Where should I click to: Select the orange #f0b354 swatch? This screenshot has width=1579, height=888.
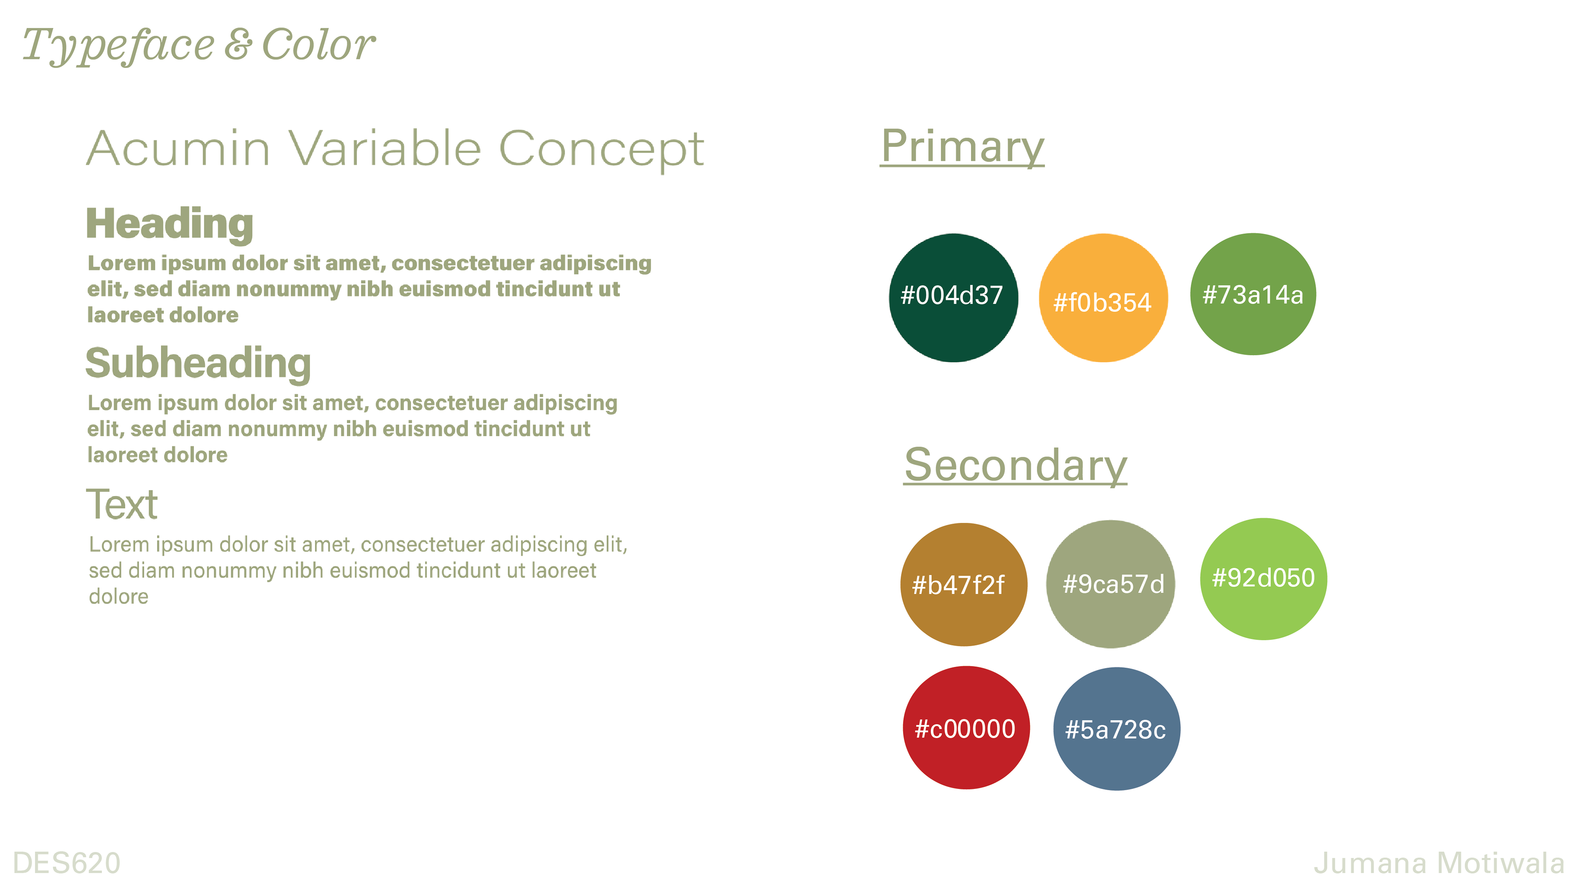click(x=1103, y=297)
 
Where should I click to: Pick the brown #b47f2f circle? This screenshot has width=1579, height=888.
click(x=963, y=584)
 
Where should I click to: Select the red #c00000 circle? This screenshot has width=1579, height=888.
click(x=966, y=727)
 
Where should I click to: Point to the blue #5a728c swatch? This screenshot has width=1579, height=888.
click(x=1116, y=728)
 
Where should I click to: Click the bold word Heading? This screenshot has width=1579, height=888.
click(x=170, y=224)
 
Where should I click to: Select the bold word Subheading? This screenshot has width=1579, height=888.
click(x=198, y=363)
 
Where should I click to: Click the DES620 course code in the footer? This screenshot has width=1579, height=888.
click(x=67, y=863)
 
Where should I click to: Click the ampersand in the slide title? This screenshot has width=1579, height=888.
click(x=238, y=45)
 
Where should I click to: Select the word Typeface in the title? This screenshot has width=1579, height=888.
click(x=118, y=46)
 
